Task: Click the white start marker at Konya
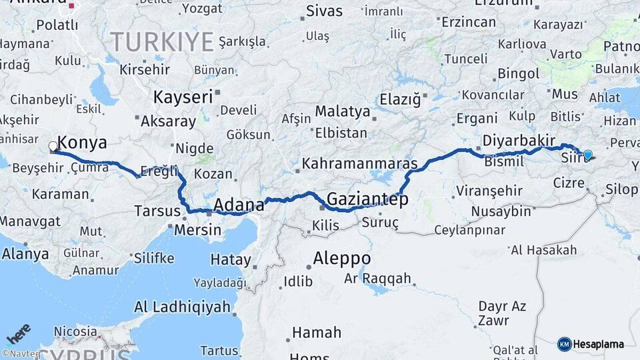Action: pos(53,146)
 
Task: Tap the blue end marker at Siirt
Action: pos(587,155)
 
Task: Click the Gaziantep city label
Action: pos(367,199)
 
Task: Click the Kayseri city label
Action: pos(183,97)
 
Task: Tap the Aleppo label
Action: pos(342,258)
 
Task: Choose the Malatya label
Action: pos(342,111)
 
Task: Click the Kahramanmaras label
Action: pos(359,163)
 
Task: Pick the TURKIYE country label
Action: pos(162,42)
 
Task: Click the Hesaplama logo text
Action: pos(598,344)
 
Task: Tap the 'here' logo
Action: pos(19,333)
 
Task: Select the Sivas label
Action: pos(325,11)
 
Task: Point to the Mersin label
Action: pos(197,230)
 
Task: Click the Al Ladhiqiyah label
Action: pos(182,307)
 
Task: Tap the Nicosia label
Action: pos(75,331)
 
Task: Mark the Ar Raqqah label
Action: pos(377,279)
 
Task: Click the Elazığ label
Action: pos(400,100)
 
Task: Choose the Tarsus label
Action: pos(157,211)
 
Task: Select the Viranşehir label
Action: pos(489,191)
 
